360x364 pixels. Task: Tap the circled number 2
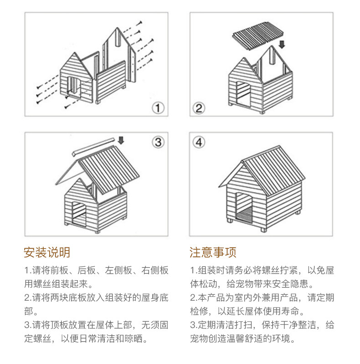tap(199, 108)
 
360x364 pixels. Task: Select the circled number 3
tap(158, 142)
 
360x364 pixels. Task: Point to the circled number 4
tap(199, 142)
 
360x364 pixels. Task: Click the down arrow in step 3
tap(121, 140)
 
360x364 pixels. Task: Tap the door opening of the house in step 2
tap(243, 95)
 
